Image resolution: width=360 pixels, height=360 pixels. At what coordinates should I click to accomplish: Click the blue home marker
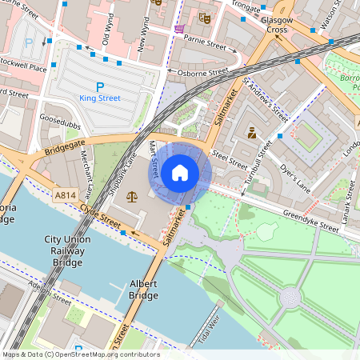click(180, 173)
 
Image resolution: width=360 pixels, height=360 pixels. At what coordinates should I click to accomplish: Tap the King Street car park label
click(100, 98)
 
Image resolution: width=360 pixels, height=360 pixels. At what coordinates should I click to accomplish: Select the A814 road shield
click(67, 194)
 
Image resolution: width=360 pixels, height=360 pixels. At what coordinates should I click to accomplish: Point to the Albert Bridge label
click(138, 290)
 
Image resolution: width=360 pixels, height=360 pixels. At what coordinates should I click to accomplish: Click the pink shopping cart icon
click(178, 29)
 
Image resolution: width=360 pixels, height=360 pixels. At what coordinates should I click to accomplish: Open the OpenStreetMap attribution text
click(80, 354)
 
